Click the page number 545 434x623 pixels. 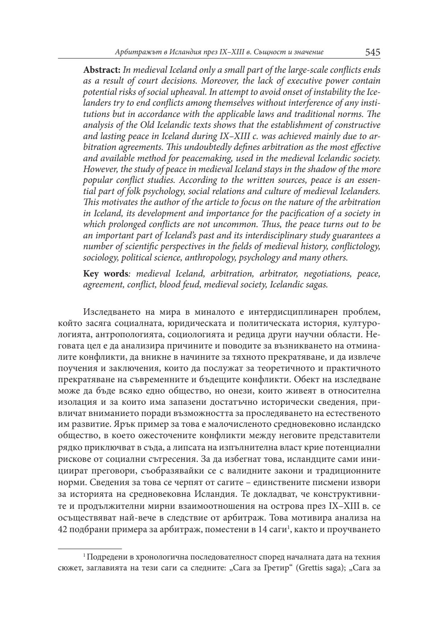tap(373, 52)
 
